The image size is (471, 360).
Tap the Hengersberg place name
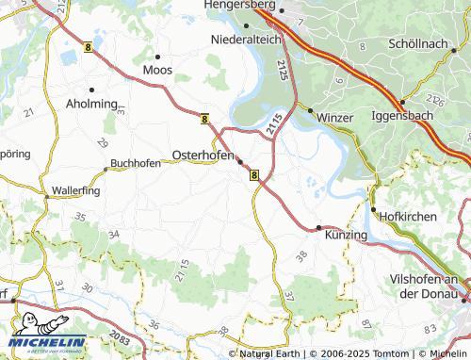coord(248,6)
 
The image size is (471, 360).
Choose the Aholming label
coord(91,104)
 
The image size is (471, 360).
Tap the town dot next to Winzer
coord(309,110)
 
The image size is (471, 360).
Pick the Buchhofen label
coord(135,163)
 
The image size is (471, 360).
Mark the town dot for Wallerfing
coord(46,196)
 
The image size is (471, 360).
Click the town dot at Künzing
coord(318,227)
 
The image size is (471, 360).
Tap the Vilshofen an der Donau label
coord(429,286)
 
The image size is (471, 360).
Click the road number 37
coord(289,296)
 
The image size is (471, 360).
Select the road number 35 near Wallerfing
coord(79,218)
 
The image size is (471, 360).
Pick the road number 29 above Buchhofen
coord(102,142)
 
